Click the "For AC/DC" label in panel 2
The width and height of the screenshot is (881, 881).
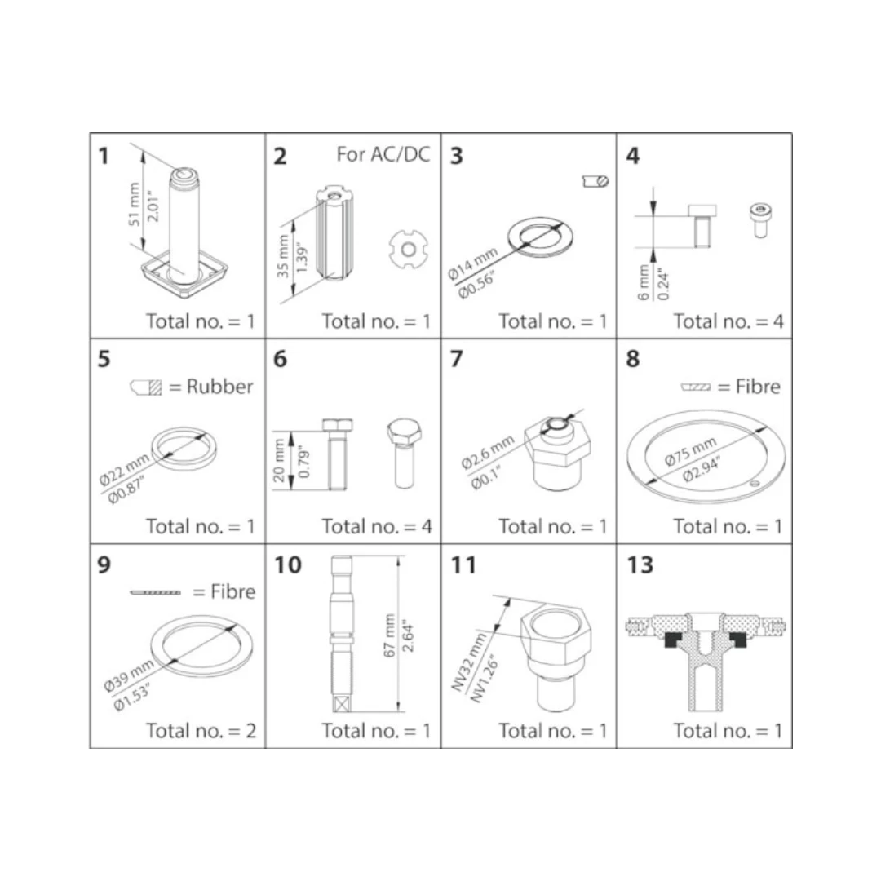tap(383, 154)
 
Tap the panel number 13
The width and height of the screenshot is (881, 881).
tap(640, 564)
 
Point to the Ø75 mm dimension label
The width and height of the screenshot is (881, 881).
tap(691, 452)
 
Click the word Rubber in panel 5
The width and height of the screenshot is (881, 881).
tap(219, 387)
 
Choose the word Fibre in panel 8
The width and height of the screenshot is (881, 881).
tap(758, 387)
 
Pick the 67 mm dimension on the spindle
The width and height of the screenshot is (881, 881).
tap(389, 635)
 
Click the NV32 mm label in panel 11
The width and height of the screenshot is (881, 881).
tap(469, 662)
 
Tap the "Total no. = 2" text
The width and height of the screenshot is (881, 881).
tap(201, 730)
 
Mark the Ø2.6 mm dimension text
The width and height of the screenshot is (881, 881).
tap(487, 452)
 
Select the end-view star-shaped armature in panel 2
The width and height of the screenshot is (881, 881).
tap(409, 249)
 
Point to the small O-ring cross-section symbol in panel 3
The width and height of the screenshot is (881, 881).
tap(595, 181)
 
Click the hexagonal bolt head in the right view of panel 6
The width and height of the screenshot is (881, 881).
tap(404, 431)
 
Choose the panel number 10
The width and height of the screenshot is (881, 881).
tap(288, 564)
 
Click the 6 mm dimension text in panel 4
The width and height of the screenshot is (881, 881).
tap(644, 282)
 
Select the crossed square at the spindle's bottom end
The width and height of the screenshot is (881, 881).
tap(342, 703)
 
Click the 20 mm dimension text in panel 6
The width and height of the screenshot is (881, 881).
tap(279, 461)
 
